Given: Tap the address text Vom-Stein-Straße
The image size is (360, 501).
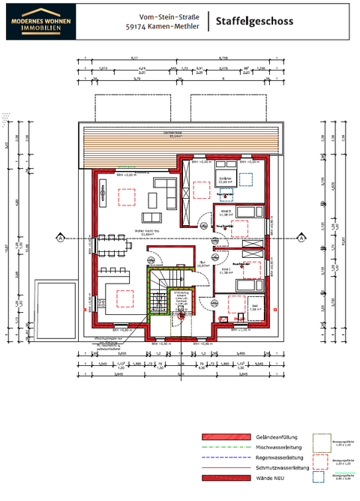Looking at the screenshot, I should click(163, 16).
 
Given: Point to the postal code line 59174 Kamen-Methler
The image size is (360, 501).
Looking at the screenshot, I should click(163, 27).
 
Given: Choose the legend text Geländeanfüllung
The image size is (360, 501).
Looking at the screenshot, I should click(276, 436).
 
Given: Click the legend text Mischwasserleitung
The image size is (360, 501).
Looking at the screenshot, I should click(278, 446).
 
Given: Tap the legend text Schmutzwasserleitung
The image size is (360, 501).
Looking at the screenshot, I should click(280, 466).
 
